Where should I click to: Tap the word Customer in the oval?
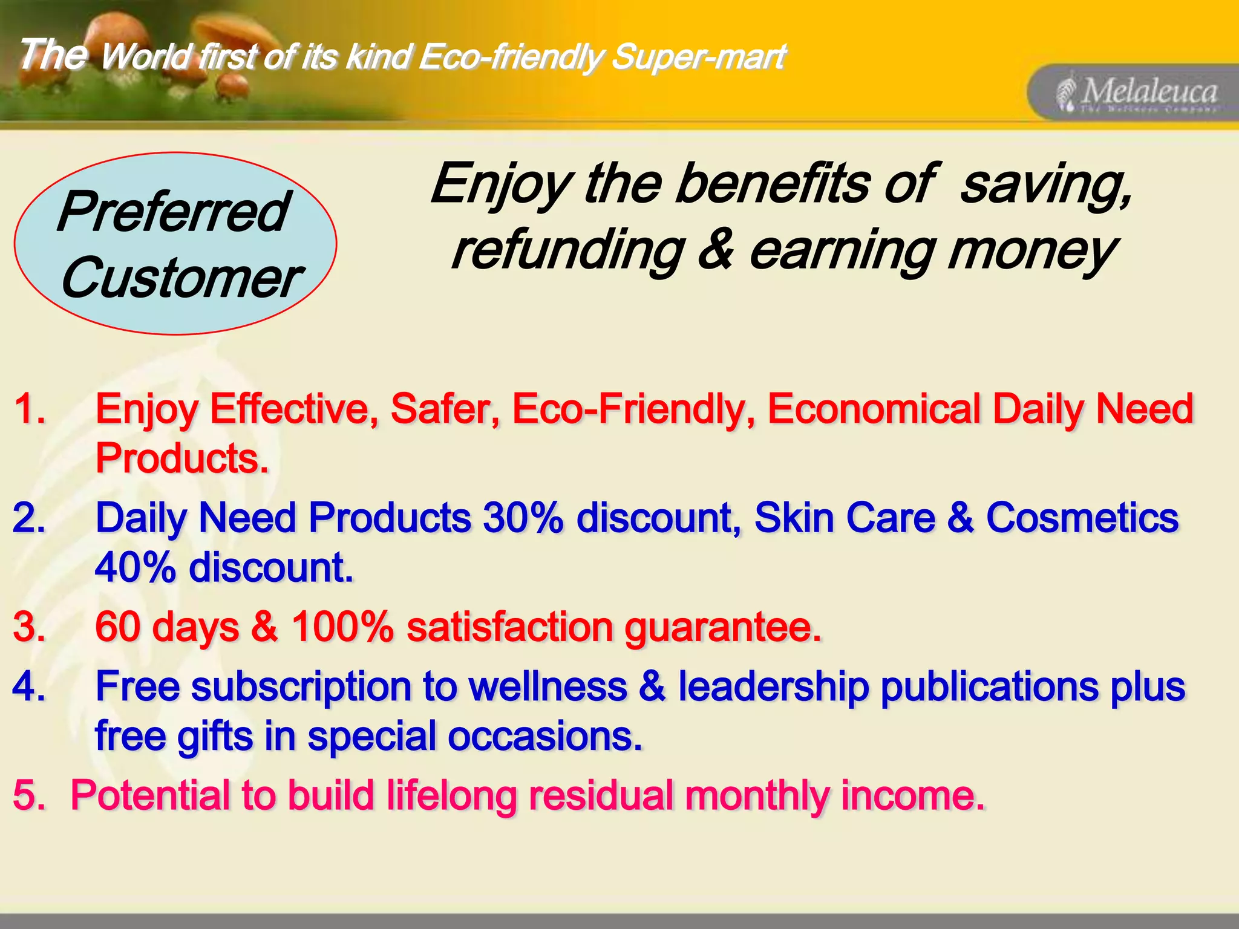pyautogui.click(x=180, y=278)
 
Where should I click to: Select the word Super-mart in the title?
pyautogui.click(x=698, y=57)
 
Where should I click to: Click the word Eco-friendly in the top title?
pyautogui.click(x=510, y=57)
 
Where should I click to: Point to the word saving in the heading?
pyautogui.click(x=1045, y=184)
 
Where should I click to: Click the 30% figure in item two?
pyautogui.click(x=523, y=518)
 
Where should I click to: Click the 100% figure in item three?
pyautogui.click(x=342, y=627)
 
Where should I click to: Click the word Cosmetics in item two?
pyautogui.click(x=1082, y=518)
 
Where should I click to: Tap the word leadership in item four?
pyautogui.click(x=773, y=687)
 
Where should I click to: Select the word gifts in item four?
pyautogui.click(x=214, y=737)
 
